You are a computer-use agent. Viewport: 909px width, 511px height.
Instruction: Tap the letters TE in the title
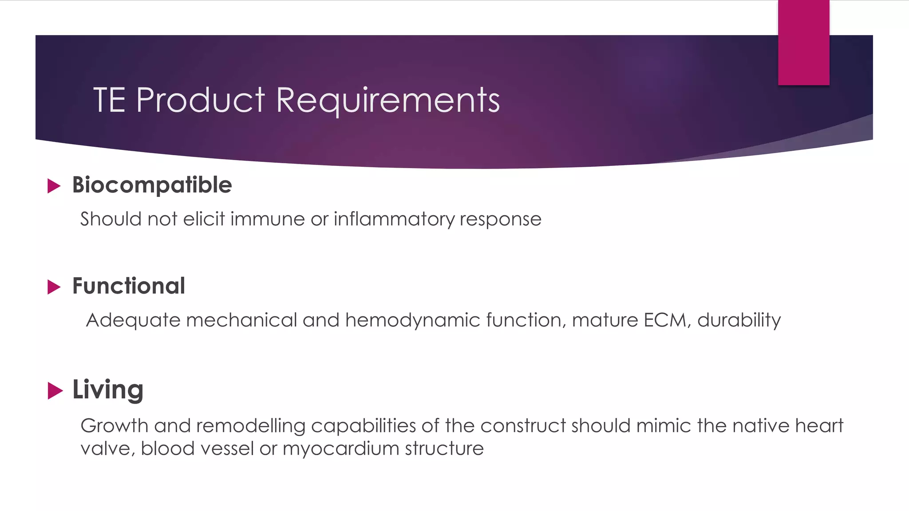coord(109,100)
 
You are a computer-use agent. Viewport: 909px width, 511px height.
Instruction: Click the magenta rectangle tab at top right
coord(803,43)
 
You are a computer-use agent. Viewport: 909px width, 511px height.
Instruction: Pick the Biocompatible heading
coord(152,185)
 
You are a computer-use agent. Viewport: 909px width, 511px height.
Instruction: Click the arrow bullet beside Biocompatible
coord(54,186)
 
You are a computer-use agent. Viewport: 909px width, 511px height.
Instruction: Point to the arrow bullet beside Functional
coord(54,287)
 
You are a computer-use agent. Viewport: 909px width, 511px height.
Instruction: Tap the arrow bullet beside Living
coord(55,390)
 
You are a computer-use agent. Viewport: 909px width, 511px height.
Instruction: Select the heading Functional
coord(129,286)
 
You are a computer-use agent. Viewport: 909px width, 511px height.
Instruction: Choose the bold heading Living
coord(108,390)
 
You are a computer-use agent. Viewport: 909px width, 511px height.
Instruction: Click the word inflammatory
coord(394,219)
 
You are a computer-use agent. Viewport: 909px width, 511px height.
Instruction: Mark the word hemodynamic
coord(413,320)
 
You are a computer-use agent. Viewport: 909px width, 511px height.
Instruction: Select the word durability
coord(739,320)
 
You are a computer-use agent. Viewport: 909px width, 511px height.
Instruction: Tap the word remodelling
coord(251,426)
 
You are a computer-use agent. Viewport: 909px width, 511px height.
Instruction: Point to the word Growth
coord(115,426)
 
